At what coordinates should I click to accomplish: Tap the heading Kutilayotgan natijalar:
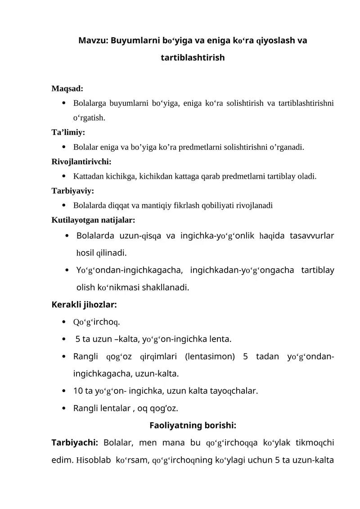click(93, 221)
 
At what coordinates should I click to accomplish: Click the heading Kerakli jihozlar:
click(85, 304)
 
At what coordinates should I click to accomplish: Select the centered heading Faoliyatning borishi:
click(193, 425)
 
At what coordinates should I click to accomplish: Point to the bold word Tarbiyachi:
click(75, 443)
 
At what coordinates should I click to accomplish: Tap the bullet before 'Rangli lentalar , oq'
click(66, 409)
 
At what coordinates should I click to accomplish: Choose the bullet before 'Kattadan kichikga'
click(66, 176)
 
